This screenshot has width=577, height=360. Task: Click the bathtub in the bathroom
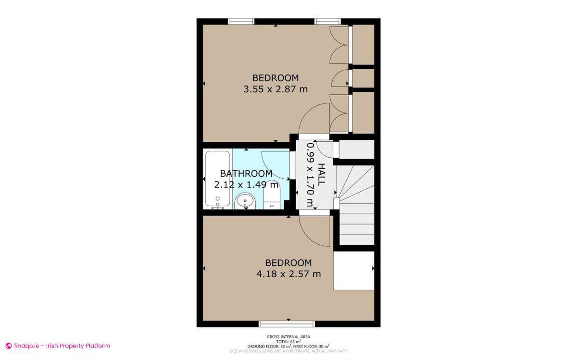(218, 180)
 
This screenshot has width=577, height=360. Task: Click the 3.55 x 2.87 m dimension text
(276, 89)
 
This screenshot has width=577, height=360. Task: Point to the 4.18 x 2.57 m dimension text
(288, 274)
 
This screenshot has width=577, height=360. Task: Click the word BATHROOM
(246, 174)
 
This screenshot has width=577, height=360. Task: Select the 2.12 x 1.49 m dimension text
(246, 185)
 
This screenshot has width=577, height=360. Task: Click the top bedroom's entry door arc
(314, 120)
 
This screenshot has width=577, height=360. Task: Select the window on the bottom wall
(287, 323)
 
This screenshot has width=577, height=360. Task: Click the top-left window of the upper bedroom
(241, 21)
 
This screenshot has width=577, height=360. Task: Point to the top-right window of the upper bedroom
(327, 21)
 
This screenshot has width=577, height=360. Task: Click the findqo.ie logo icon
(8, 346)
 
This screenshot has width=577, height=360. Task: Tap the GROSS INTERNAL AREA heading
(288, 337)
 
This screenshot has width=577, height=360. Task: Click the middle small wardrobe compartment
(364, 78)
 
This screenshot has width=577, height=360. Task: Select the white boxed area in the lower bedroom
(354, 271)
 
